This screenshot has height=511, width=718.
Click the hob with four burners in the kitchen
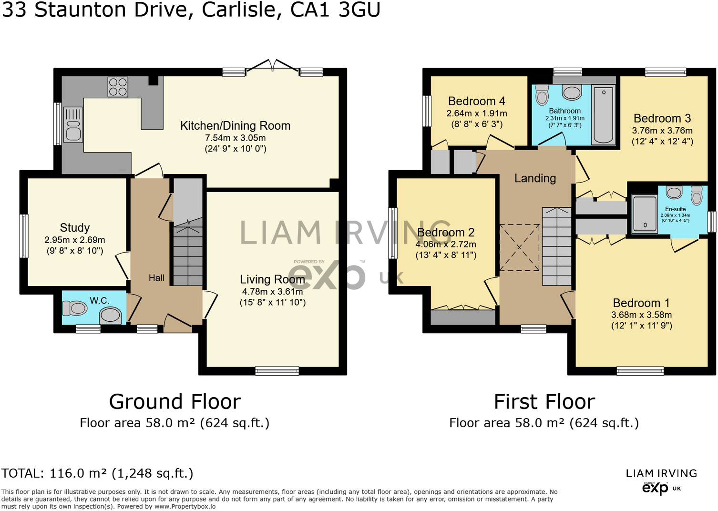[x=118, y=87]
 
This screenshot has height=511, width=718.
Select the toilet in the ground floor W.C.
[x=75, y=308]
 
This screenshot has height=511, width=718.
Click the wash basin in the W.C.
[x=111, y=315]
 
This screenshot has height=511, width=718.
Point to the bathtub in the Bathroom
[x=603, y=114]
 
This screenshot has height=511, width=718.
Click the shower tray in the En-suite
[x=645, y=214]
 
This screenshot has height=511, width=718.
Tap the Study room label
[x=75, y=228]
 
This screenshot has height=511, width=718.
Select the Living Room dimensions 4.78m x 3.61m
[x=272, y=291]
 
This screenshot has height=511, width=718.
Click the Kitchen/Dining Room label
[x=235, y=126]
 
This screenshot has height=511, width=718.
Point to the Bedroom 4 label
[x=476, y=101]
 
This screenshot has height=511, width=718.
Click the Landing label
[x=535, y=178]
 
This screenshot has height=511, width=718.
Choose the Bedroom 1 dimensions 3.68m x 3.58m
[x=641, y=315]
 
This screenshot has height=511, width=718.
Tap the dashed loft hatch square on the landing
[x=519, y=247]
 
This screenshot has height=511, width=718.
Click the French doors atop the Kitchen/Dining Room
[x=272, y=67]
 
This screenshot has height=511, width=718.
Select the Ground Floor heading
[x=175, y=402]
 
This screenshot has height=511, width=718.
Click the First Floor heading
[x=544, y=402]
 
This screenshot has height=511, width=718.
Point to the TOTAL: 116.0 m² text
[x=97, y=473]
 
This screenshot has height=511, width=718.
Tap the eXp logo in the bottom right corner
[x=656, y=488]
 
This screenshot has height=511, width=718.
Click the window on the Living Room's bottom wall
[x=277, y=371]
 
